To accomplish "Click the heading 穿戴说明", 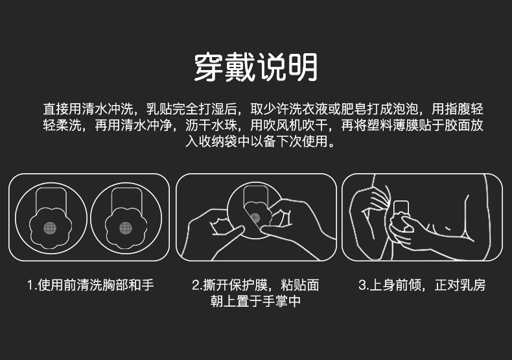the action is click(255, 67).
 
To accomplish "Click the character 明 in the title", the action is click(303, 67).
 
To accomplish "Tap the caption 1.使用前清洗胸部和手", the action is click(91, 285).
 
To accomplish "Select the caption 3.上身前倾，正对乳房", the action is click(422, 285).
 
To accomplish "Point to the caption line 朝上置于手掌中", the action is click(255, 301).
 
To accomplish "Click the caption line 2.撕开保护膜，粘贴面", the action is click(255, 285).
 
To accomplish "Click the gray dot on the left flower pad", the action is click(50, 228).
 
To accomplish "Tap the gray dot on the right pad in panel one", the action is click(126, 228).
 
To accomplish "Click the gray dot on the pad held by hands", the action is click(255, 218).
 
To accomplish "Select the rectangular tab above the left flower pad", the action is click(51, 198).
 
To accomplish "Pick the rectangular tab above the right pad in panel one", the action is click(126, 198).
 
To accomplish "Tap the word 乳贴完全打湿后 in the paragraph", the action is click(192, 109).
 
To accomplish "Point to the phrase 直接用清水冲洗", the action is click(88, 109).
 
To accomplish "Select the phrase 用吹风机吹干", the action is click(288, 125).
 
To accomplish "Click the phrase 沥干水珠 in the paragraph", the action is click(211, 125).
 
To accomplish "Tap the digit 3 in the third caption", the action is click(362, 285).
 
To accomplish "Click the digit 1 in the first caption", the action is click(30, 285).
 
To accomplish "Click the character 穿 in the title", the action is click(208, 67).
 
